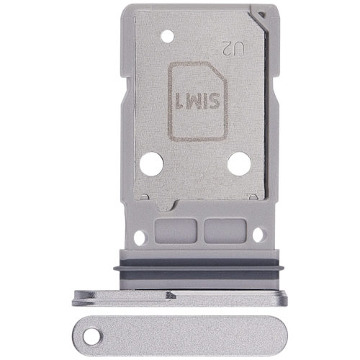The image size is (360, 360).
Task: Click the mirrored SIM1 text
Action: [197, 101]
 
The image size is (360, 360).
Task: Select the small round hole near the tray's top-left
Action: [168, 37]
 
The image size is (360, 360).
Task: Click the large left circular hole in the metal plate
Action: [151, 164]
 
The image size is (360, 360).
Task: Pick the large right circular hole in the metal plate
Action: [239, 164]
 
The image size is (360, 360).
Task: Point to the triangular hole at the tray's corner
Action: [261, 15]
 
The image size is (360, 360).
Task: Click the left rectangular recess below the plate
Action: [176, 230]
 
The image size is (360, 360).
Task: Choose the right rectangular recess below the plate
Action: [225, 230]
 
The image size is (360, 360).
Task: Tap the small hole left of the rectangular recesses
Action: [140, 238]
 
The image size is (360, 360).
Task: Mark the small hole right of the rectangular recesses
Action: [258, 235]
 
